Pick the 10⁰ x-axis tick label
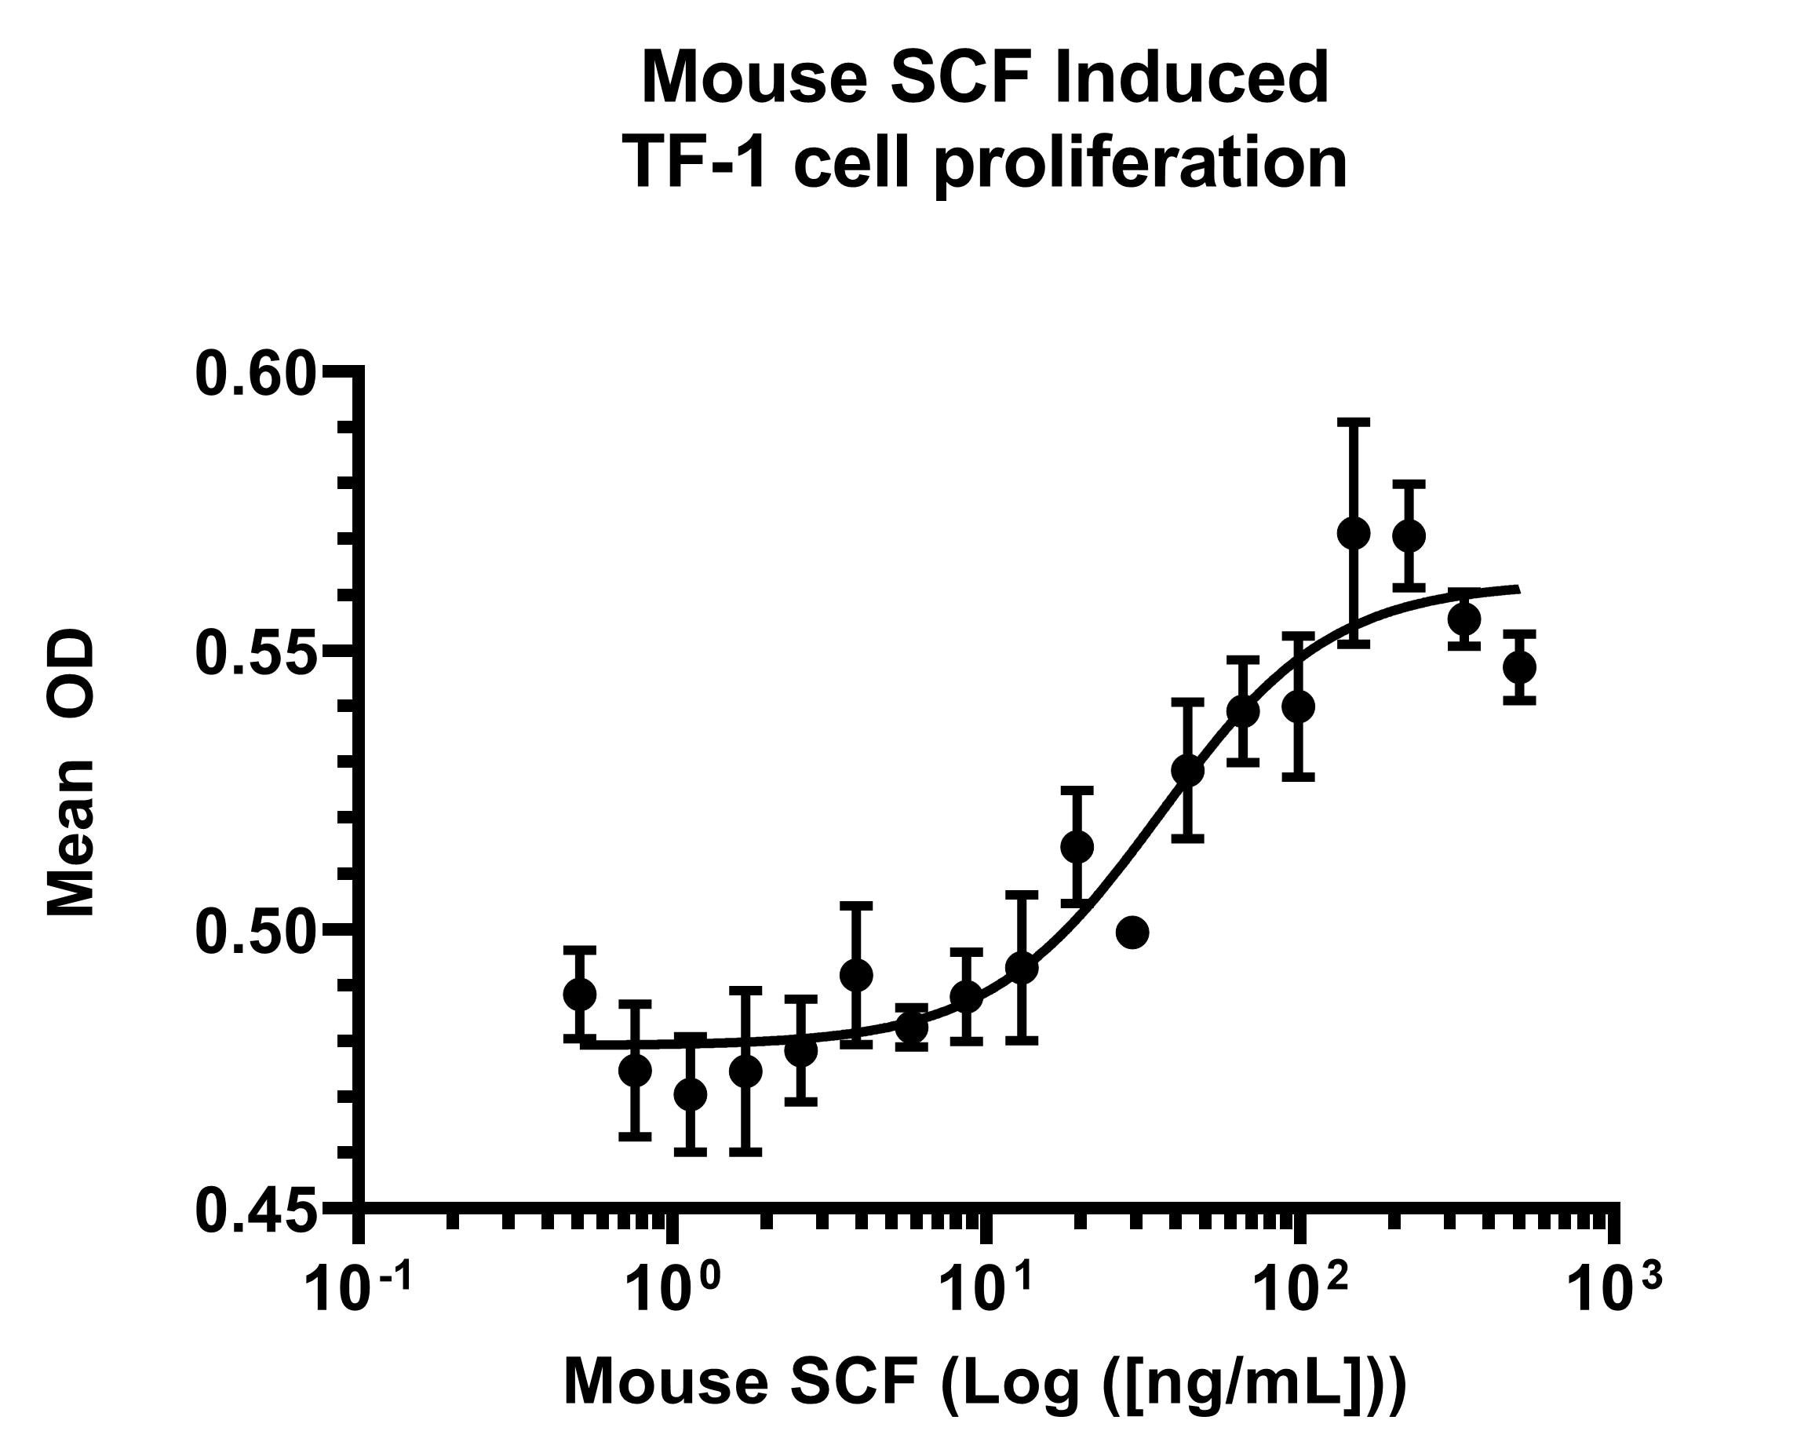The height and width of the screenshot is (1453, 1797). [x=670, y=1290]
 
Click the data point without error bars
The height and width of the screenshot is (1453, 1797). [x=1133, y=932]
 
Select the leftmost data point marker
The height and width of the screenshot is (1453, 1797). [x=580, y=995]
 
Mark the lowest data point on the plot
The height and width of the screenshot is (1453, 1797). [x=691, y=1094]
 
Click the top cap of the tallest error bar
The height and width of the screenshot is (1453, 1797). [x=1353, y=422]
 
